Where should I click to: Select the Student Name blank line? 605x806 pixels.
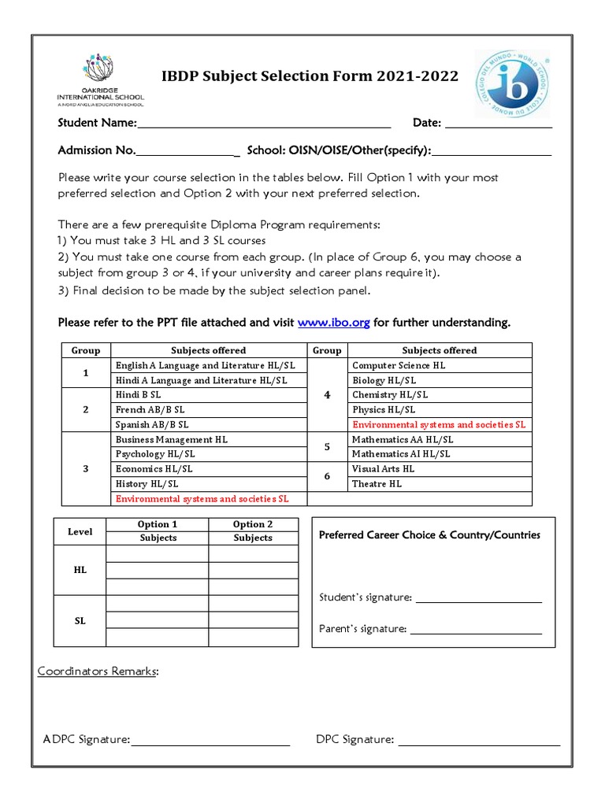(x=264, y=124)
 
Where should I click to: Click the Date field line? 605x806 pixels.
(x=499, y=124)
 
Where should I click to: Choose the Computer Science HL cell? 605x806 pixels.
(x=439, y=365)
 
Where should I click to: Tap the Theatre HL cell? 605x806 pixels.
(x=439, y=484)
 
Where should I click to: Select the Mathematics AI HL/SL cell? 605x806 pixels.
(x=439, y=454)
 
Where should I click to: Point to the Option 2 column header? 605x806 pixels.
(x=253, y=524)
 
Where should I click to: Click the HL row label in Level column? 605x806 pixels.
(x=80, y=569)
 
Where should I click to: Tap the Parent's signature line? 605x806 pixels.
(x=476, y=630)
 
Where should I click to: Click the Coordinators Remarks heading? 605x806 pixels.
(x=98, y=671)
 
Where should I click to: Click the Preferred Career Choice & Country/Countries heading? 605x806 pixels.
(x=429, y=535)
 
